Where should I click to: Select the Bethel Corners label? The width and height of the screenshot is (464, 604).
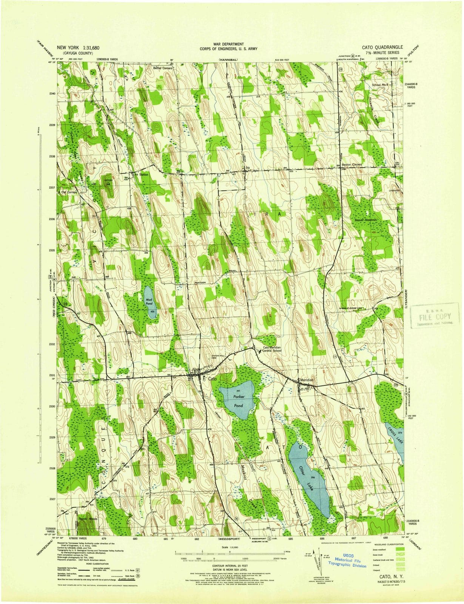pyautogui.click(x=162, y=68)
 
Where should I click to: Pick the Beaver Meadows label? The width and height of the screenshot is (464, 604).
pyautogui.click(x=366, y=220)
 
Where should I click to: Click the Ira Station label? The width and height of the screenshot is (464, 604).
pyautogui.click(x=140, y=175)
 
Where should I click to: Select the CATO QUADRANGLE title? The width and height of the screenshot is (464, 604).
pyautogui.click(x=382, y=48)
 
